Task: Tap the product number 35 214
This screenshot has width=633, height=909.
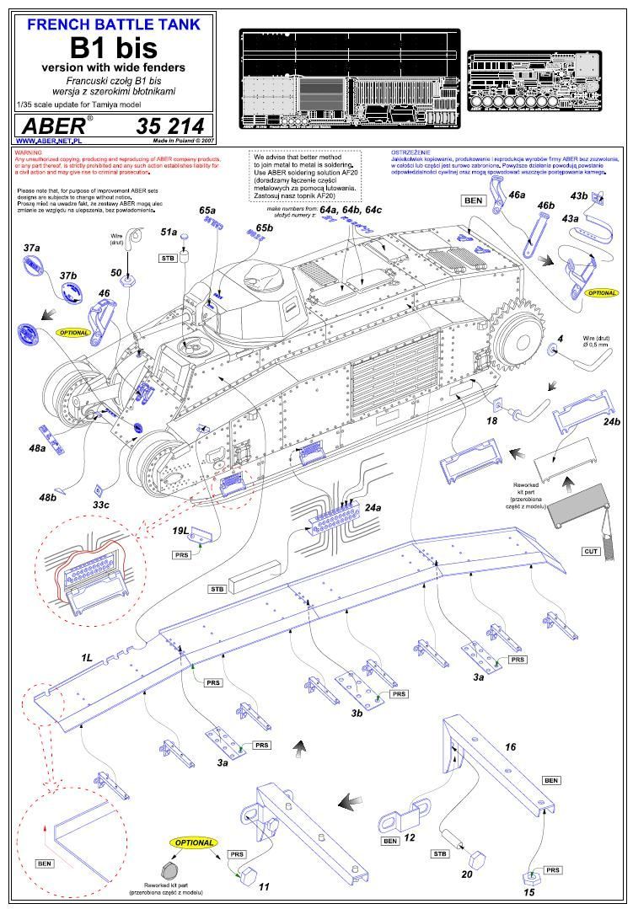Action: pyautogui.click(x=169, y=126)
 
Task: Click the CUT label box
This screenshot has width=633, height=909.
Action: pyautogui.click(x=591, y=551)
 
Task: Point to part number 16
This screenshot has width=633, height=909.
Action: pyautogui.click(x=510, y=746)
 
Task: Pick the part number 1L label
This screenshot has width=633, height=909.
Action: pyautogui.click(x=88, y=656)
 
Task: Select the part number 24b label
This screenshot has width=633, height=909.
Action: pyautogui.click(x=611, y=422)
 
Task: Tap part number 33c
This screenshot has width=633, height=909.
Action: pyautogui.click(x=101, y=504)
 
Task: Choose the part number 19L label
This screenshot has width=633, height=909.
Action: pyautogui.click(x=180, y=532)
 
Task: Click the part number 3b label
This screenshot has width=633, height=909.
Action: pyautogui.click(x=357, y=713)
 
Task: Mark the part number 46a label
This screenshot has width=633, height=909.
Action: pyautogui.click(x=517, y=195)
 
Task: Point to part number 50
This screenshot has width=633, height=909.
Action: pyautogui.click(x=117, y=273)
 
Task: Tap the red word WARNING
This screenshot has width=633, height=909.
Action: pyautogui.click(x=30, y=152)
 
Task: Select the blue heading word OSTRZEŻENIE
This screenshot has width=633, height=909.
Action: pyautogui.click(x=409, y=152)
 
